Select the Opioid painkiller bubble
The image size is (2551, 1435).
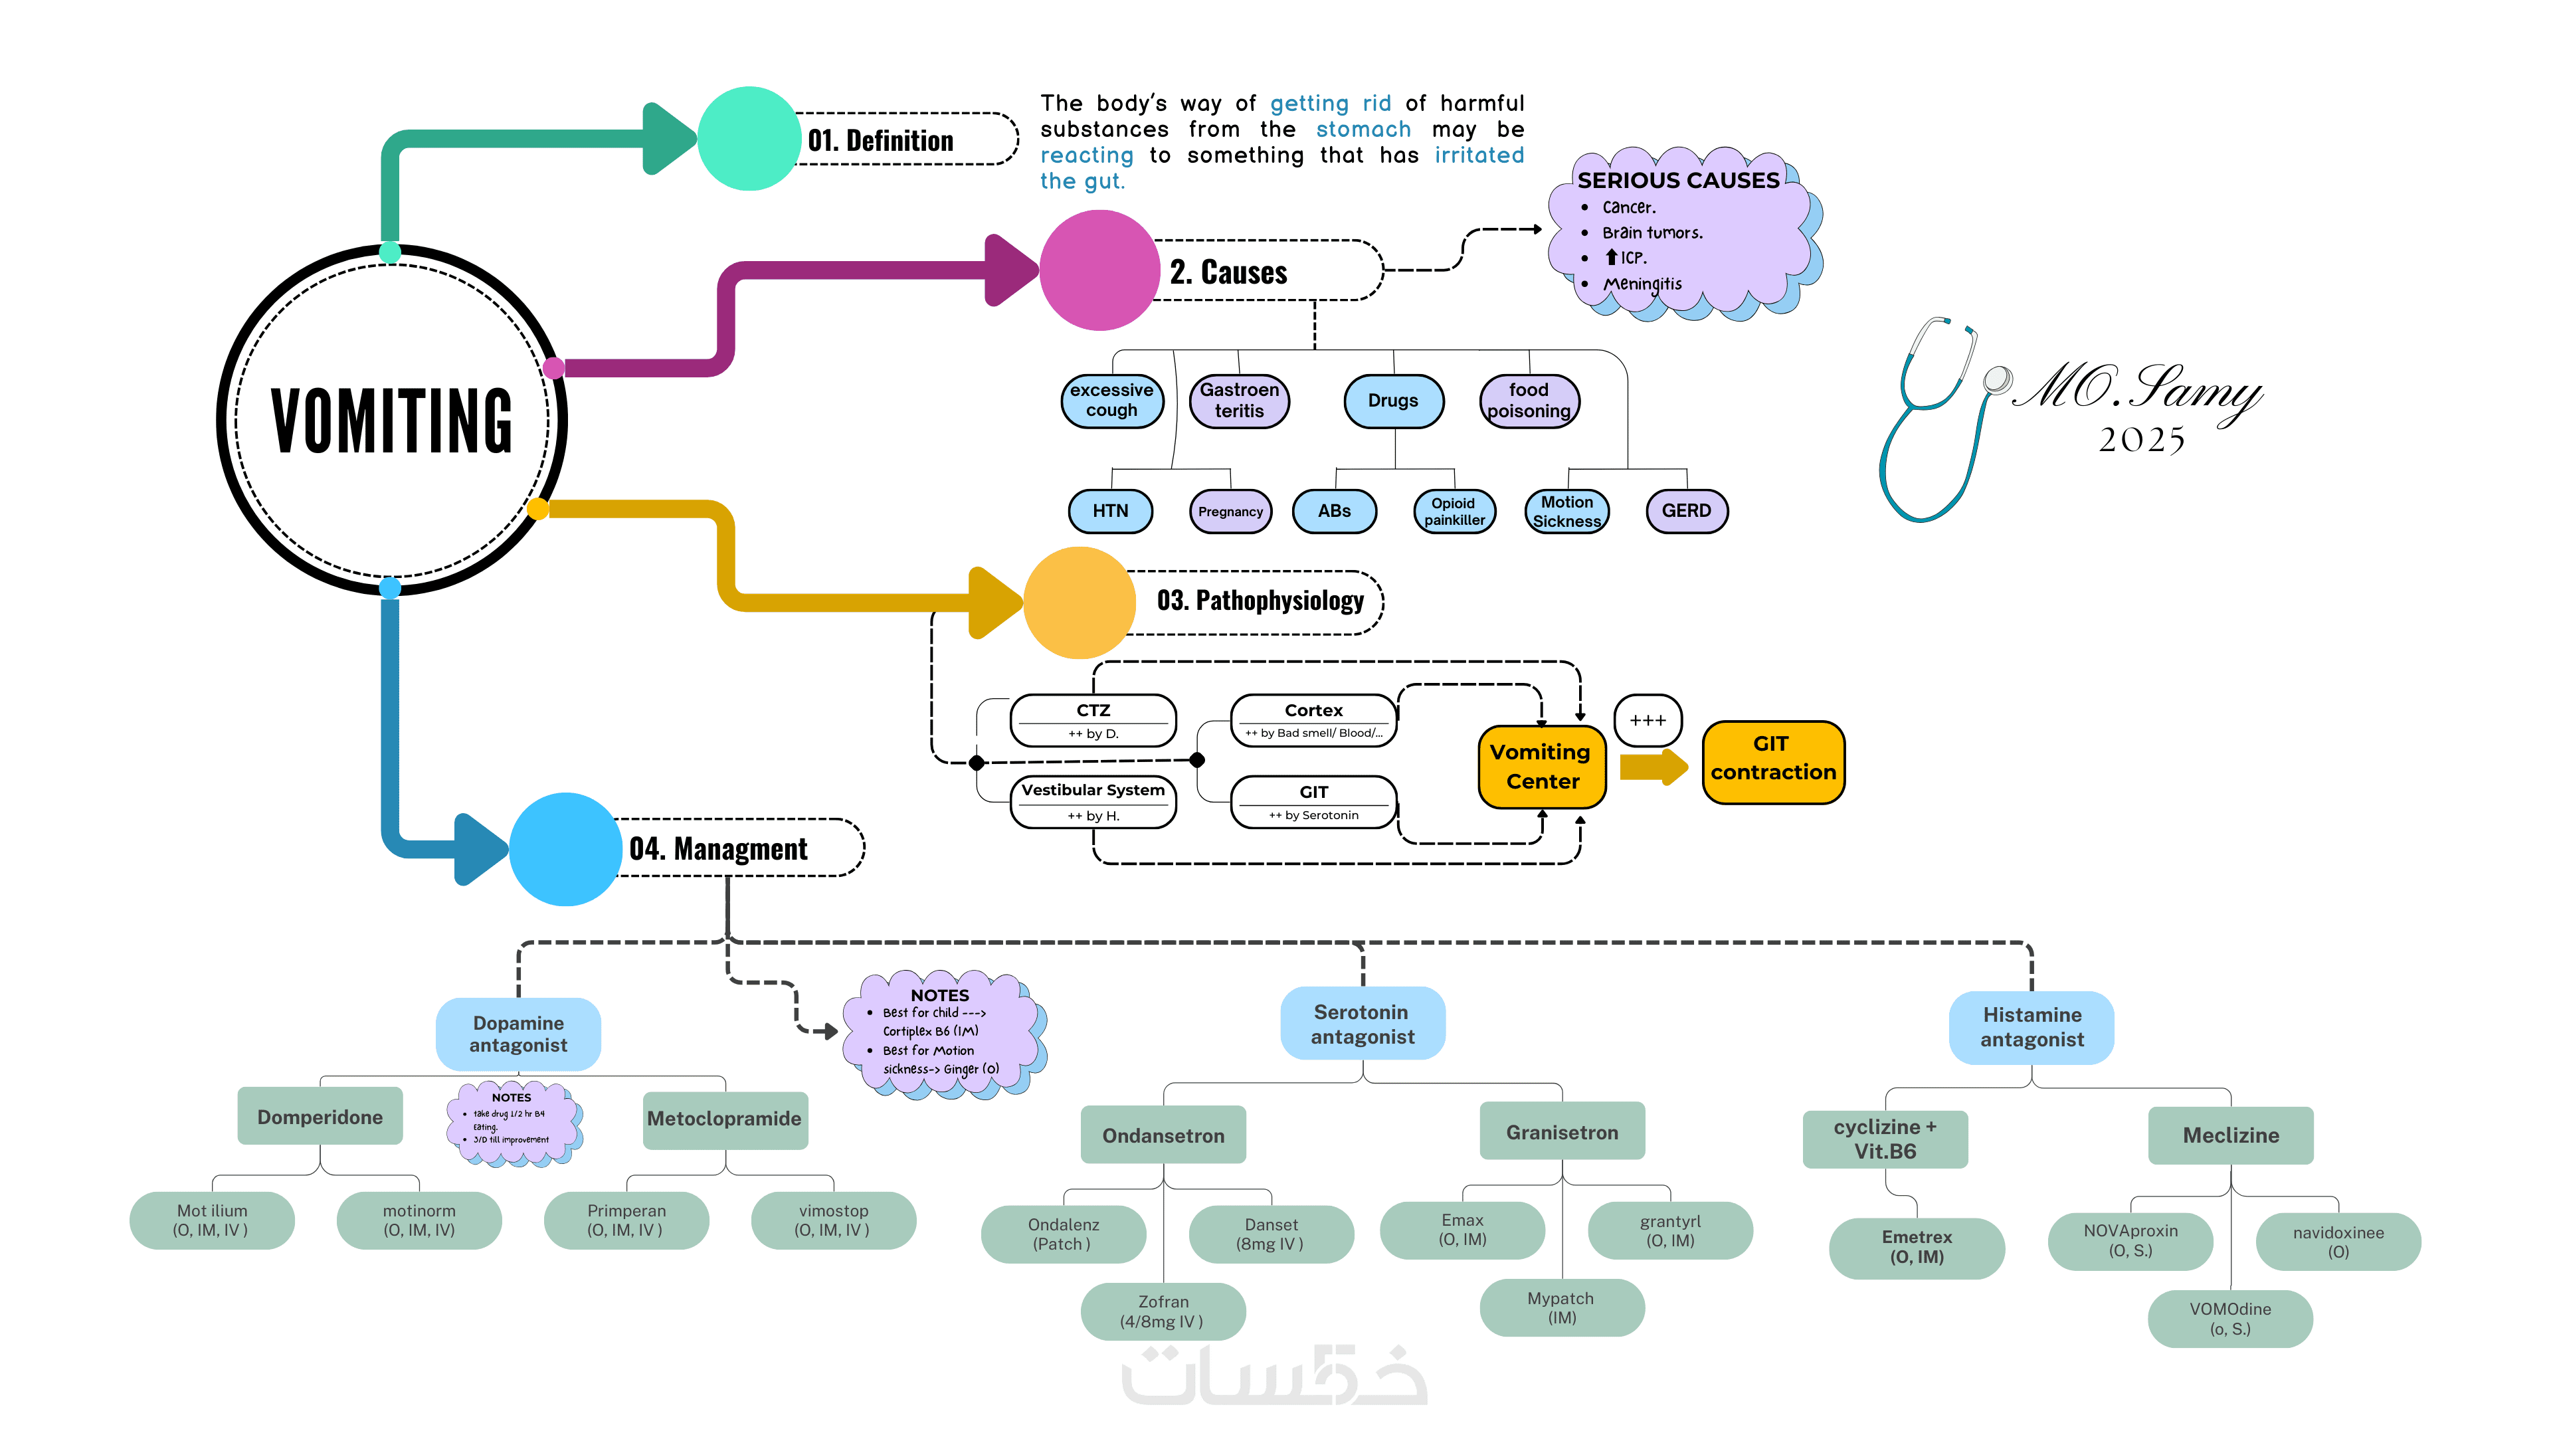pyautogui.click(x=1454, y=511)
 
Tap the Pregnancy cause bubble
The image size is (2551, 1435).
pyautogui.click(x=1230, y=511)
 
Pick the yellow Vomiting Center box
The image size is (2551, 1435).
pyautogui.click(x=1541, y=767)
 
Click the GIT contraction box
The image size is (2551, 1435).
pyautogui.click(x=1772, y=759)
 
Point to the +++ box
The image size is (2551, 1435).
pyautogui.click(x=1647, y=720)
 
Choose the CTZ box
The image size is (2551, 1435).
pyautogui.click(x=1093, y=720)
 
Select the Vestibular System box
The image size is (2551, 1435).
pyautogui.click(x=1093, y=800)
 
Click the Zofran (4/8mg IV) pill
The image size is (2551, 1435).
pyautogui.click(x=1163, y=1311)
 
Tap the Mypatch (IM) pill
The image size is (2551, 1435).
pyautogui.click(x=1562, y=1307)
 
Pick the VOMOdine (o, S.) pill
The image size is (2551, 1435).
pyautogui.click(x=2230, y=1318)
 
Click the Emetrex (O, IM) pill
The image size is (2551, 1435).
pyautogui.click(x=1916, y=1247)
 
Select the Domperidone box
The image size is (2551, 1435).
pyautogui.click(x=320, y=1116)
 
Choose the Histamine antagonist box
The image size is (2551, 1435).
pyautogui.click(x=2031, y=1027)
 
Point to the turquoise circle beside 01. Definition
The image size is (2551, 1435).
pyautogui.click(x=749, y=139)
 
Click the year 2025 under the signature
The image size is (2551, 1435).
pyautogui.click(x=2141, y=440)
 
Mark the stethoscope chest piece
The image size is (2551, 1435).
pyautogui.click(x=1998, y=379)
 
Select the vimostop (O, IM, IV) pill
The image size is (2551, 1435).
pyautogui.click(x=833, y=1220)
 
